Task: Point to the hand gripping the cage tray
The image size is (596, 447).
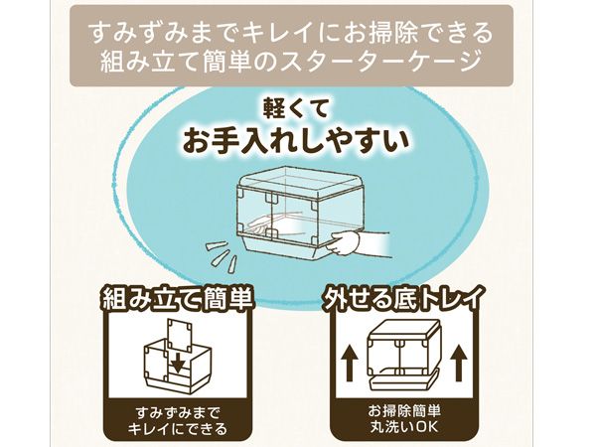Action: (345, 242)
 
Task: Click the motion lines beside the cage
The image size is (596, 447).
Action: (222, 255)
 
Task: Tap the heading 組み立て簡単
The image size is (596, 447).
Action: (177, 300)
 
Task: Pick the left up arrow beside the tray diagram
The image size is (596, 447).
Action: (349, 363)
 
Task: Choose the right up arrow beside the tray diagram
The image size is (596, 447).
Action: (459, 363)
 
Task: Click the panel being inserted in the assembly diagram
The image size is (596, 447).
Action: (181, 337)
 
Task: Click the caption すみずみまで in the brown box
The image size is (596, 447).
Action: (178, 413)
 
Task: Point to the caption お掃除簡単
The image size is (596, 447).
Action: (404, 411)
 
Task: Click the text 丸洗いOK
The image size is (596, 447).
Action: (404, 427)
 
